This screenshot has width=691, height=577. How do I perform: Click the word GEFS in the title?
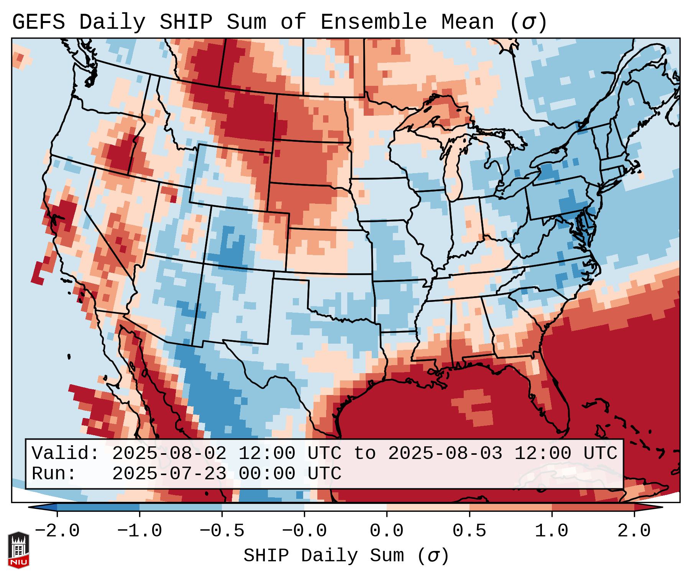38,22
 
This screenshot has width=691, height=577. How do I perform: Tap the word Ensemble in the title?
374,22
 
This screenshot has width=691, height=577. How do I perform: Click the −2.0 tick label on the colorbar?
57,531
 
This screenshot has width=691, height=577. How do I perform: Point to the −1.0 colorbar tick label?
140,531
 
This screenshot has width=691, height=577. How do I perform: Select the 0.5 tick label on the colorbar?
469,531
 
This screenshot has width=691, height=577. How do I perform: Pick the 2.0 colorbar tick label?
634,531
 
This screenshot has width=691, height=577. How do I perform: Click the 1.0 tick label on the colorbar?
552,531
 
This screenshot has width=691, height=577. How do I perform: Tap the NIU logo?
18,550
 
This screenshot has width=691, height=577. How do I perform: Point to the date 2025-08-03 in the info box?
445,454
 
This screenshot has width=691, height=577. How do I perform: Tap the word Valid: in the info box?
66,454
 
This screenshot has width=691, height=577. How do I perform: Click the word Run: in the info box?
54,474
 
